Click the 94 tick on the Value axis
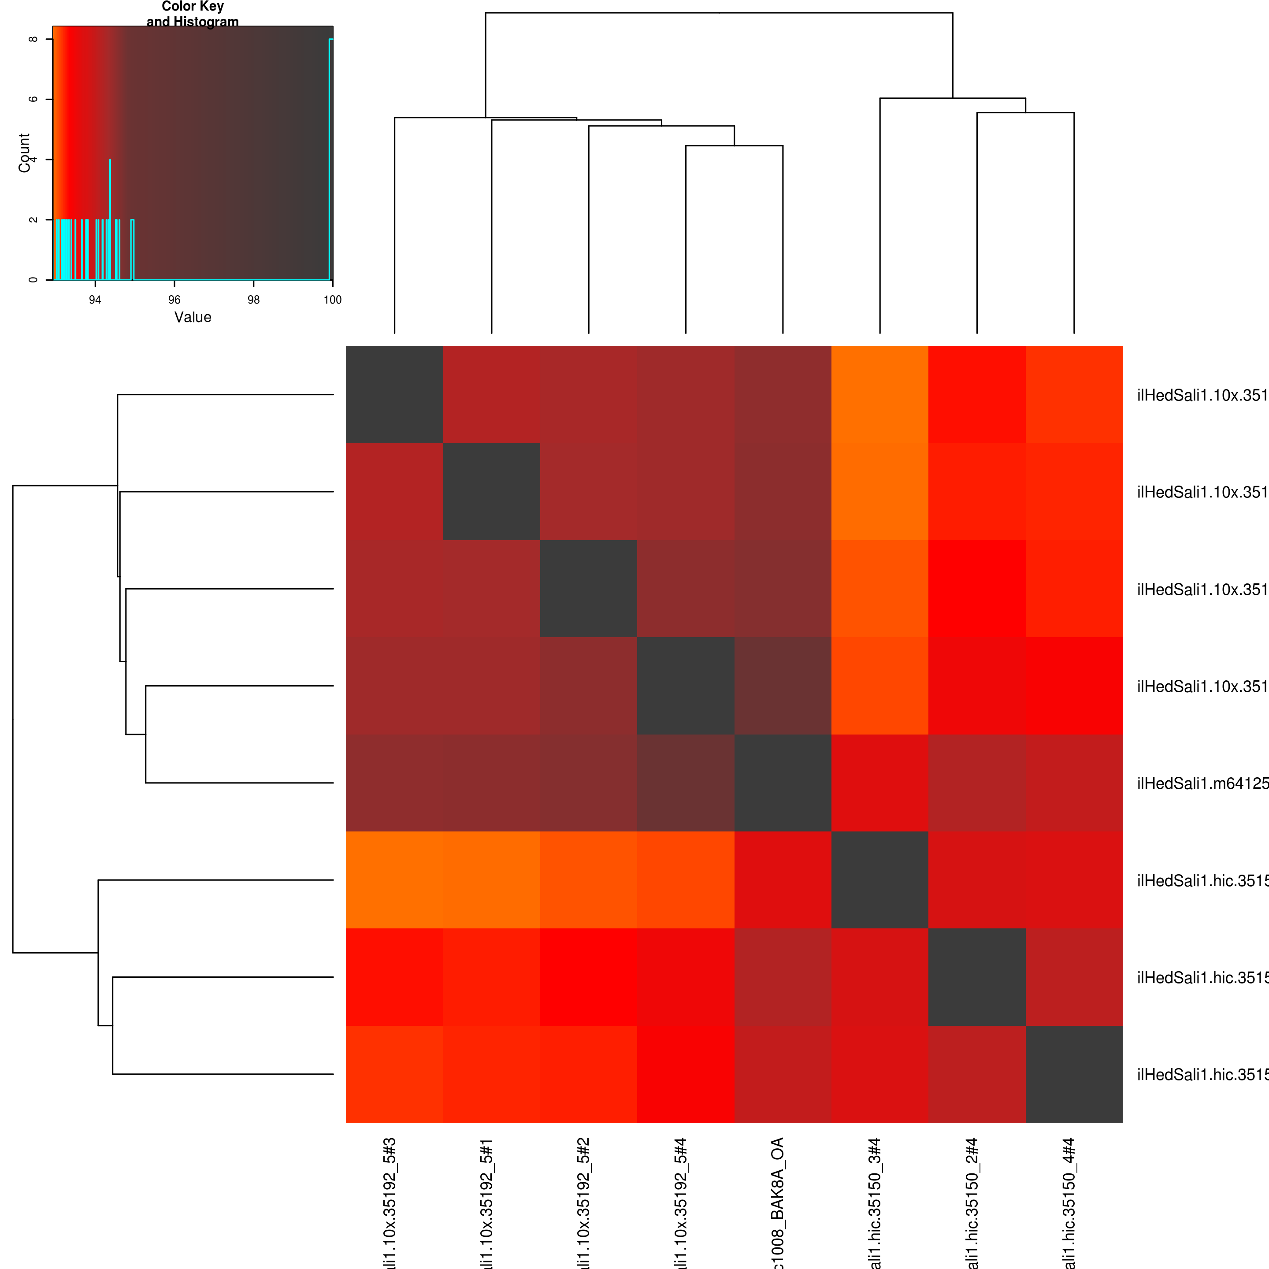[95, 300]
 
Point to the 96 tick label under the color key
[174, 300]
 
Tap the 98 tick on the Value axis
[253, 300]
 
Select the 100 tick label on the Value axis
[332, 300]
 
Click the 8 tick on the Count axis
[33, 39]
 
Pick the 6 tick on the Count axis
[33, 99]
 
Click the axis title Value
[193, 317]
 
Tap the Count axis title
[24, 153]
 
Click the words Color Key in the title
[193, 7]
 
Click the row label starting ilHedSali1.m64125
[1202, 783]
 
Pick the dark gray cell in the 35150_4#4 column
[1074, 1074]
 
